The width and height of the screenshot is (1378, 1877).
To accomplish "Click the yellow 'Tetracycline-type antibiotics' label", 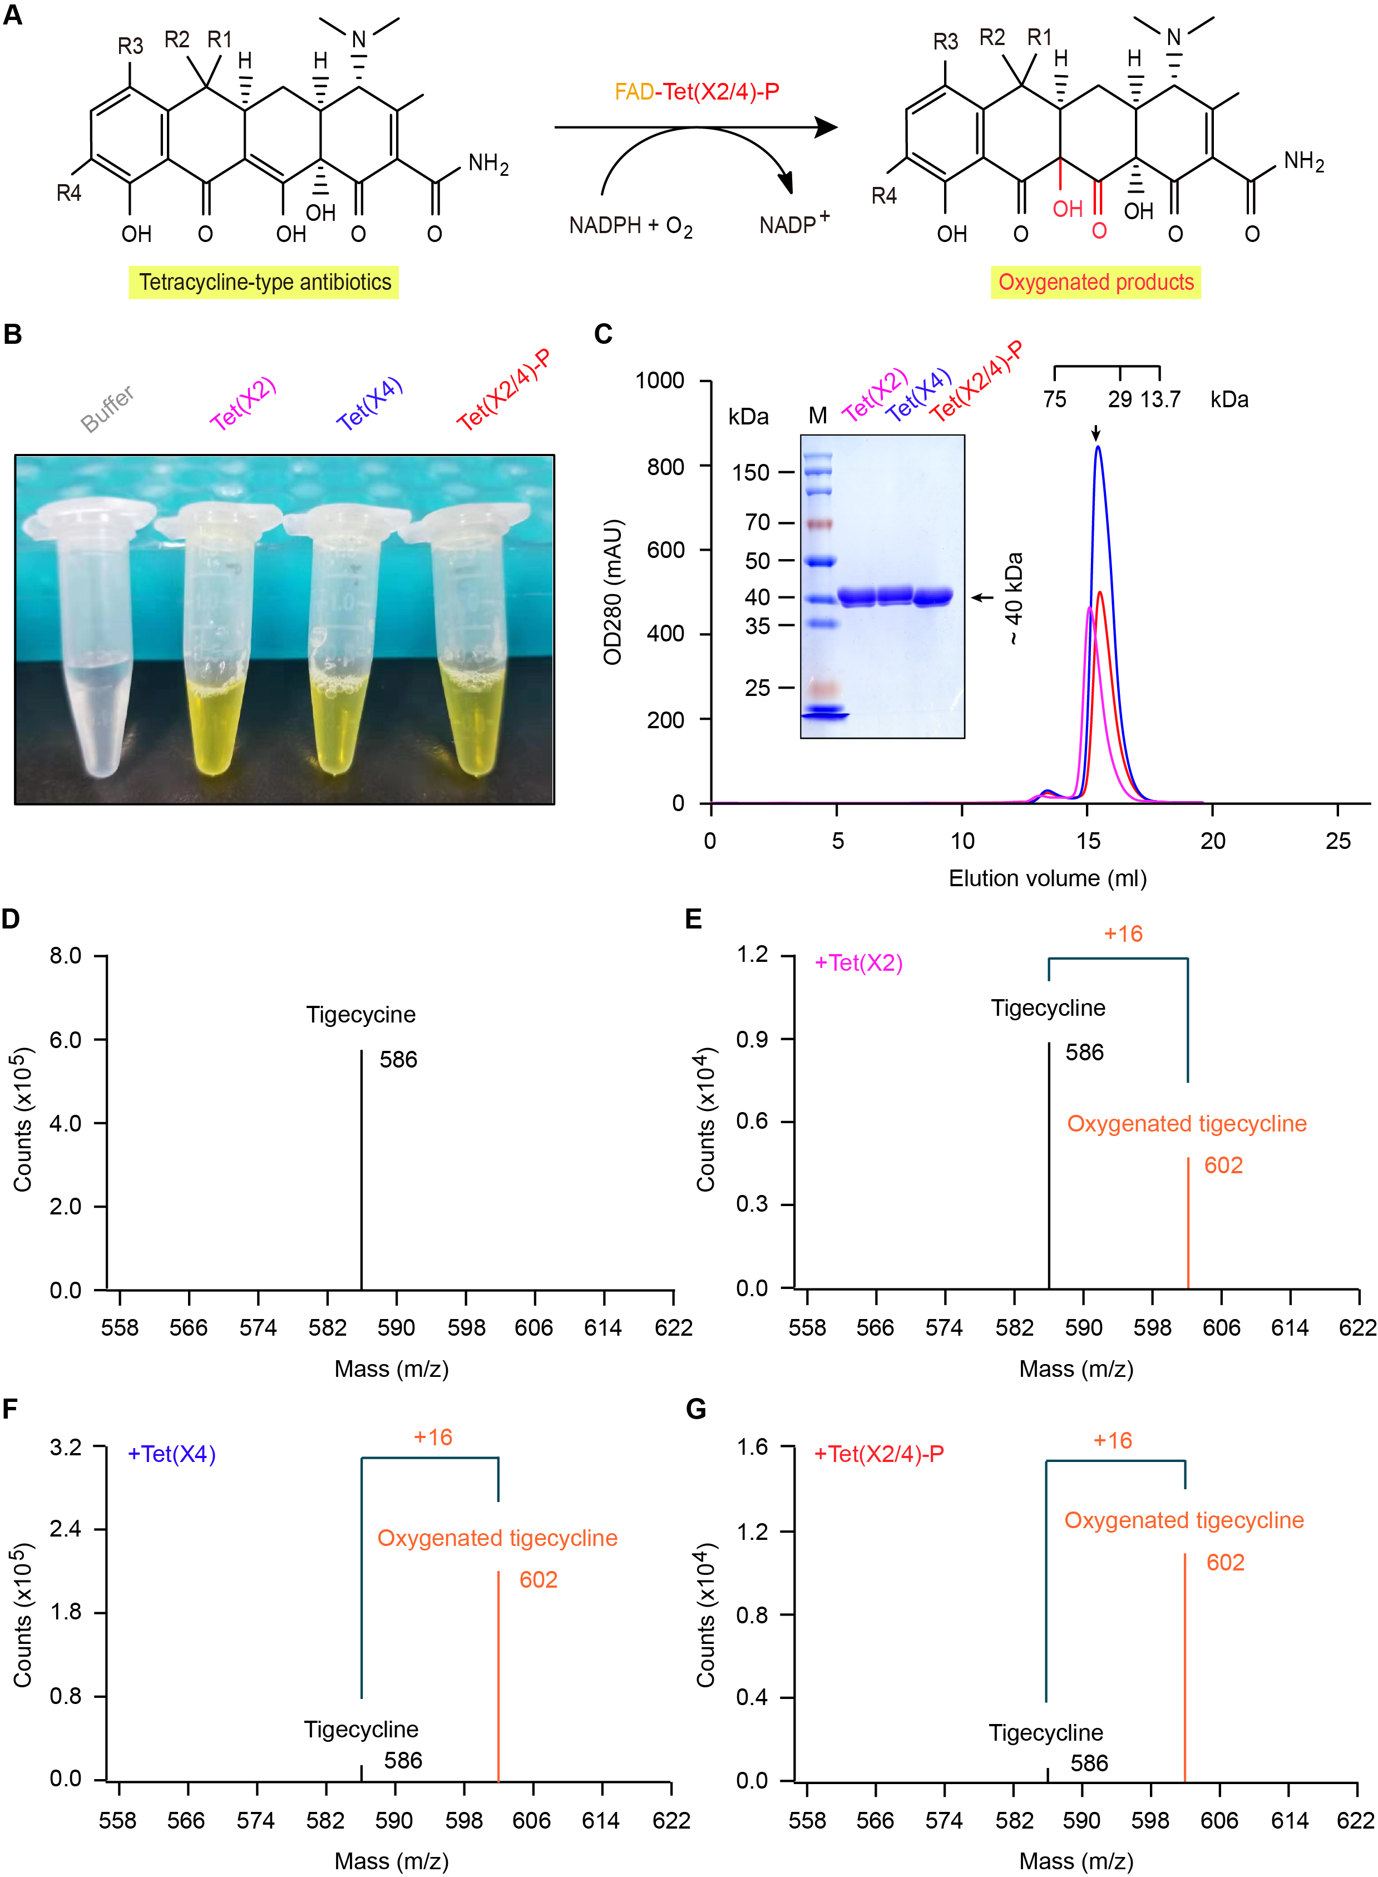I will pos(264,282).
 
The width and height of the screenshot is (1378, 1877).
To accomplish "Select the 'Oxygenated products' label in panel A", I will pos(1095,282).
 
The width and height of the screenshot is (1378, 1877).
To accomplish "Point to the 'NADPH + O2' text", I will pos(631,226).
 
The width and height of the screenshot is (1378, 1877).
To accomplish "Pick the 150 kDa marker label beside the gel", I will pos(750,473).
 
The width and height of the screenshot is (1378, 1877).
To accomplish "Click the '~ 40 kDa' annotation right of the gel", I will pos(1014,598).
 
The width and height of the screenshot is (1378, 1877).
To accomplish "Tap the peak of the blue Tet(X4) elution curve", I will pos(1098,448).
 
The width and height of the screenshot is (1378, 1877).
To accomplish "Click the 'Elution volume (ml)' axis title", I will pos(1047,878).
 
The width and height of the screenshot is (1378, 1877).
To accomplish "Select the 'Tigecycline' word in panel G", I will pos(1046,1733).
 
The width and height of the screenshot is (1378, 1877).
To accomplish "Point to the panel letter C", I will pos(603,334).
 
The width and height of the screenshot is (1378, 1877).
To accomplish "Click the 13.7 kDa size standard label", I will pos(1160,399).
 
